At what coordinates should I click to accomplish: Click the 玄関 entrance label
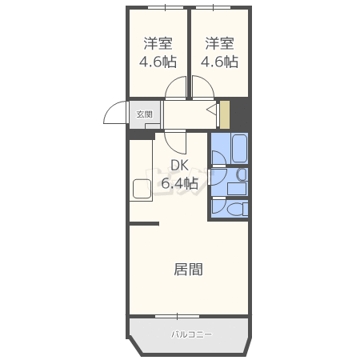(144, 114)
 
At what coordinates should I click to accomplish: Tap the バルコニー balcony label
(191, 334)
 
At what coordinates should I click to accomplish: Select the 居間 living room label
(188, 270)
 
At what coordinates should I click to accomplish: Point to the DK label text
(179, 166)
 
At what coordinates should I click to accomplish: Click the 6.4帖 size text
(180, 183)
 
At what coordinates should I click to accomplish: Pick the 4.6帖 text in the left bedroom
(158, 62)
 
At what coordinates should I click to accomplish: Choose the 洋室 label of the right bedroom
(219, 44)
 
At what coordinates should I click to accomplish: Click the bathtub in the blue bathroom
(239, 148)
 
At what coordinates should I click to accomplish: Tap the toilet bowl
(234, 209)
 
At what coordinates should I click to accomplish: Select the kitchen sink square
(142, 189)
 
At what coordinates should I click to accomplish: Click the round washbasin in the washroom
(242, 175)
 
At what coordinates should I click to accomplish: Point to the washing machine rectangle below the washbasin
(237, 189)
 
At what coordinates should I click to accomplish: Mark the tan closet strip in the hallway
(225, 114)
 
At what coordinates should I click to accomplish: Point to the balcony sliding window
(178, 316)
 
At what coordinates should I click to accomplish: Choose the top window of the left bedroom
(166, 7)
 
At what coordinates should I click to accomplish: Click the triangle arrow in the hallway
(212, 110)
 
